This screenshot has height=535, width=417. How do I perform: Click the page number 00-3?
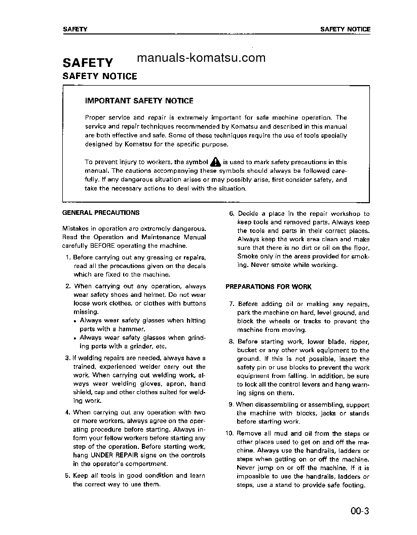point(359,511)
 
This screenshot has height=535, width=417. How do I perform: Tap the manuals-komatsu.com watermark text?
point(201,57)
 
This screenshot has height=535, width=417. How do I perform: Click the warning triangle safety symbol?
point(216,162)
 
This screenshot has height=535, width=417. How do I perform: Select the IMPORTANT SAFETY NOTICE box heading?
point(139,101)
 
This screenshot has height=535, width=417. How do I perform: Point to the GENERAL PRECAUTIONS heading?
point(100,213)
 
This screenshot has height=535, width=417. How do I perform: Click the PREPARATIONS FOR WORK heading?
point(268,287)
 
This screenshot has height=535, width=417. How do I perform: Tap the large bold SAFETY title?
point(88,63)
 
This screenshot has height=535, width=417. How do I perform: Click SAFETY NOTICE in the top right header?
point(345,29)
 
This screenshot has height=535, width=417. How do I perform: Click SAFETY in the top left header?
point(74,29)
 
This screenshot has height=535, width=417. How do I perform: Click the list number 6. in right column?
point(232,214)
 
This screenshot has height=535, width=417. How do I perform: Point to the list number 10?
point(229,434)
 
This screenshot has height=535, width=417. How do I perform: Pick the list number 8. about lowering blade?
point(231,341)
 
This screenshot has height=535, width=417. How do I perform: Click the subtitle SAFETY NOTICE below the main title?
point(99,77)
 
